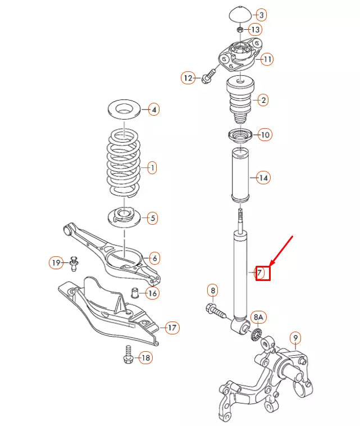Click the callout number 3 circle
(262, 15)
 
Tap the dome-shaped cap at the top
(240, 15)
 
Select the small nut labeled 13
(240, 29)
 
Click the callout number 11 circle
(267, 58)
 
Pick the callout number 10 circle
(265, 135)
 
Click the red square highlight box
(263, 274)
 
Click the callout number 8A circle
(258, 318)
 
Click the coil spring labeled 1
(124, 163)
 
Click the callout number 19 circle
(56, 262)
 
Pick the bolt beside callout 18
(127, 355)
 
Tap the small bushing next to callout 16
(135, 293)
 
